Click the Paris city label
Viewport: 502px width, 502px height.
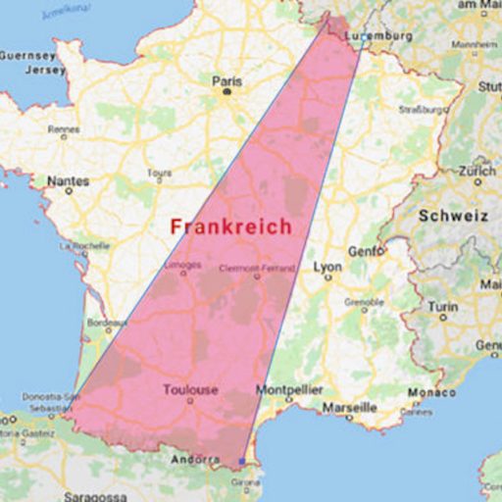point(226,81)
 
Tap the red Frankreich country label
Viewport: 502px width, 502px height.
point(230,226)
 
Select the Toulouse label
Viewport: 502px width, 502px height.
point(190,390)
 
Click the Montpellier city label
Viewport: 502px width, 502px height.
point(289,390)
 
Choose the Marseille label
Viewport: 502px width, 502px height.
point(349,406)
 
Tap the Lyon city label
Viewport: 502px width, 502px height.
point(326,267)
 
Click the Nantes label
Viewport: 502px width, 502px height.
point(68,181)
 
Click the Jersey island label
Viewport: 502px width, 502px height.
point(21,70)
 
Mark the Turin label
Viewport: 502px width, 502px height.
point(443,306)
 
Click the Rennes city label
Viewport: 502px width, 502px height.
point(63,128)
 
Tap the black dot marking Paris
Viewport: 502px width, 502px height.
point(226,91)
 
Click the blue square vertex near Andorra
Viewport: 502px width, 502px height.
point(242,461)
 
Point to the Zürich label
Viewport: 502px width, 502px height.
point(477,170)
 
